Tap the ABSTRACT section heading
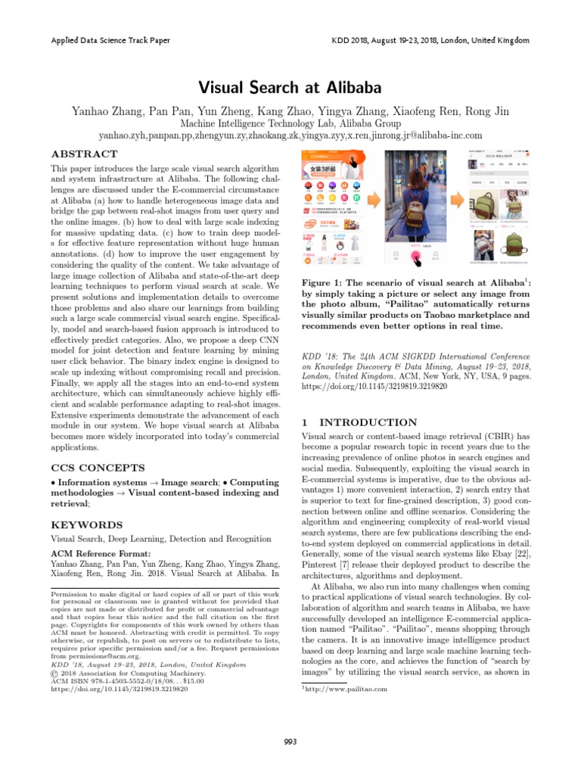click(x=84, y=153)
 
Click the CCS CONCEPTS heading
click(x=98, y=468)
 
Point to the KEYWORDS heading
click(x=85, y=524)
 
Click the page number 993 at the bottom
click(x=290, y=740)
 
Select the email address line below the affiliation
click(x=290, y=135)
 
